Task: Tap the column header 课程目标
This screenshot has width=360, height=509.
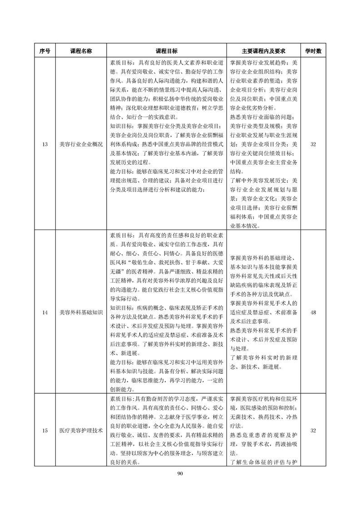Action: click(167, 51)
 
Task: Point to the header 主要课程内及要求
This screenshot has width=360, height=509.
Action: click(263, 51)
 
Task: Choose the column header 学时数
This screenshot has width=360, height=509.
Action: click(313, 51)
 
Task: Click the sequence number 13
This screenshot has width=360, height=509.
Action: click(44, 144)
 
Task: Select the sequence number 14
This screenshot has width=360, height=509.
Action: click(44, 313)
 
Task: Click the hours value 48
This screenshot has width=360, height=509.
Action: click(313, 313)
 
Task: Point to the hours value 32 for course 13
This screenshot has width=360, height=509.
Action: click(313, 144)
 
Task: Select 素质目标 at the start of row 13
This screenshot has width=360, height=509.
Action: click(122, 63)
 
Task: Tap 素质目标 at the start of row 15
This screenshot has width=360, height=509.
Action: click(122, 398)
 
